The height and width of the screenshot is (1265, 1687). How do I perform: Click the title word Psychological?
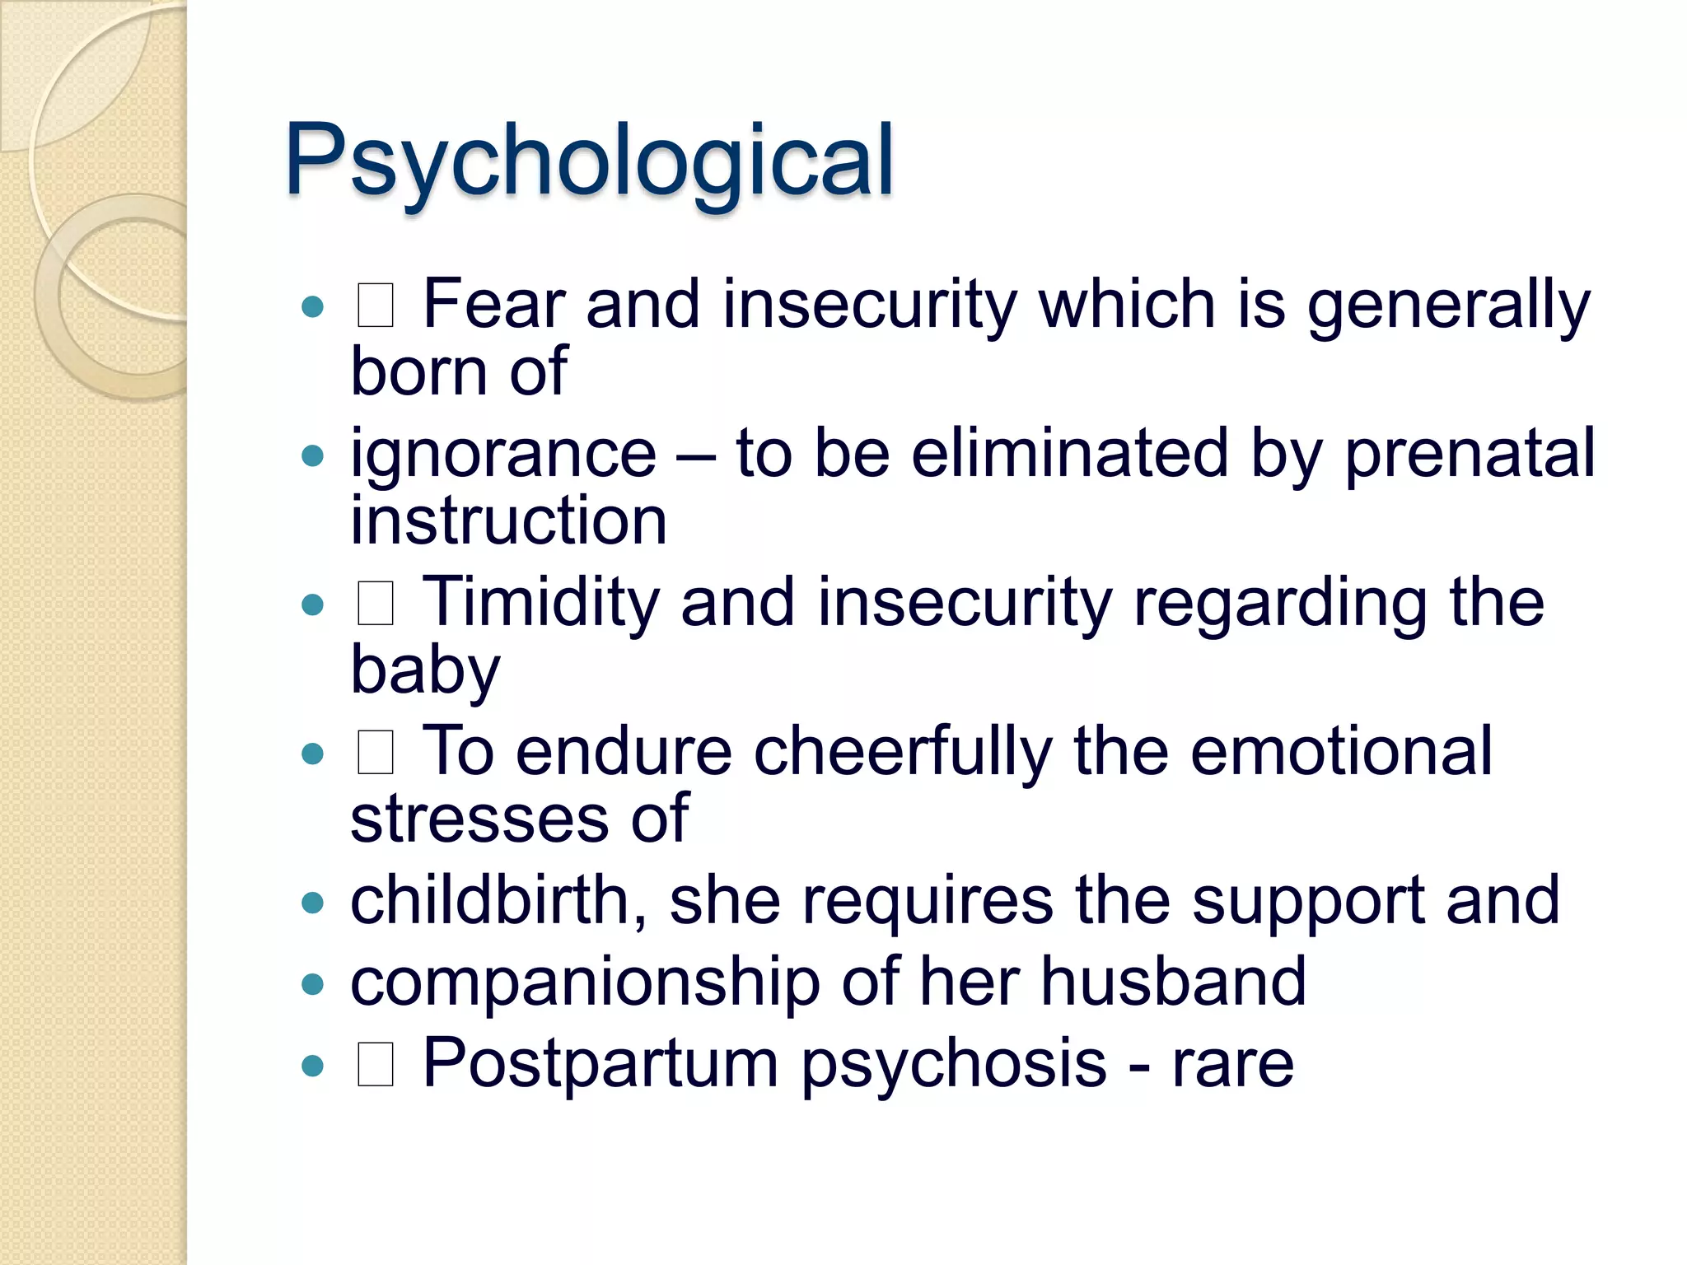[589, 161]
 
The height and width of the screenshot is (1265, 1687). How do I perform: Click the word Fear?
[493, 305]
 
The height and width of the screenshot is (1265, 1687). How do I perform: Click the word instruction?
[508, 520]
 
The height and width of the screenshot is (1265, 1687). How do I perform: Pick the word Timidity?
[540, 603]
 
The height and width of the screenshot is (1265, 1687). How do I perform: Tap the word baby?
[425, 670]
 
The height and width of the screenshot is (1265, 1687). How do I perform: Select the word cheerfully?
[903, 752]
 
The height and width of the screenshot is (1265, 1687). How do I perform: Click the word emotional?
[1340, 752]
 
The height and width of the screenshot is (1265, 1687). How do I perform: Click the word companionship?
[585, 983]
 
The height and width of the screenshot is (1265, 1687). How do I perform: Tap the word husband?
[1173, 983]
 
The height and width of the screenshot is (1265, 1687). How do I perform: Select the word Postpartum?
[600, 1064]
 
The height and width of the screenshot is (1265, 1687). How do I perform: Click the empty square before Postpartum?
[375, 1063]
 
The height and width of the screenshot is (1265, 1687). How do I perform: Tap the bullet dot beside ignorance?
[312, 455]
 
